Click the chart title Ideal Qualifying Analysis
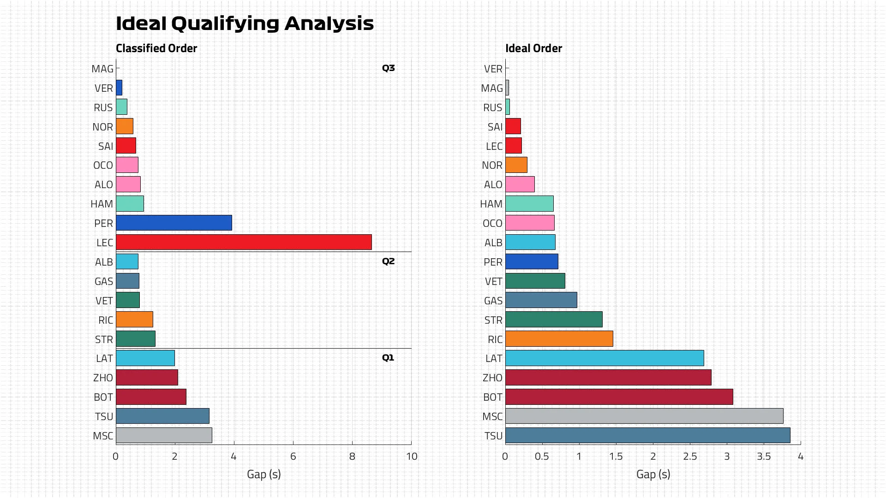(x=245, y=24)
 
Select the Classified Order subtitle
(x=156, y=48)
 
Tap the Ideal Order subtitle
(x=533, y=48)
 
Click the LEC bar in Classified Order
(x=244, y=243)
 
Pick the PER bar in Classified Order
(x=174, y=223)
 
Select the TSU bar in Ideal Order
(x=647, y=436)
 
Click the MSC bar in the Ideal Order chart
(x=644, y=416)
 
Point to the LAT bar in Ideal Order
(x=605, y=358)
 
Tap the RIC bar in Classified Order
(x=134, y=320)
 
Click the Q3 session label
(x=388, y=68)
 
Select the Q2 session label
(x=388, y=261)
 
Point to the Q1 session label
(x=388, y=358)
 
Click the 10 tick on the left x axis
(x=412, y=456)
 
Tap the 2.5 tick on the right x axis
(x=690, y=456)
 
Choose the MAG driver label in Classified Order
(x=102, y=69)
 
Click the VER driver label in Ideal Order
(x=493, y=69)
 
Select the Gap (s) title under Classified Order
(x=263, y=474)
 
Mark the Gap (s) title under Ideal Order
(x=653, y=474)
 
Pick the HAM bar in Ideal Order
(x=529, y=204)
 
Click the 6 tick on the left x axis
(x=293, y=456)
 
